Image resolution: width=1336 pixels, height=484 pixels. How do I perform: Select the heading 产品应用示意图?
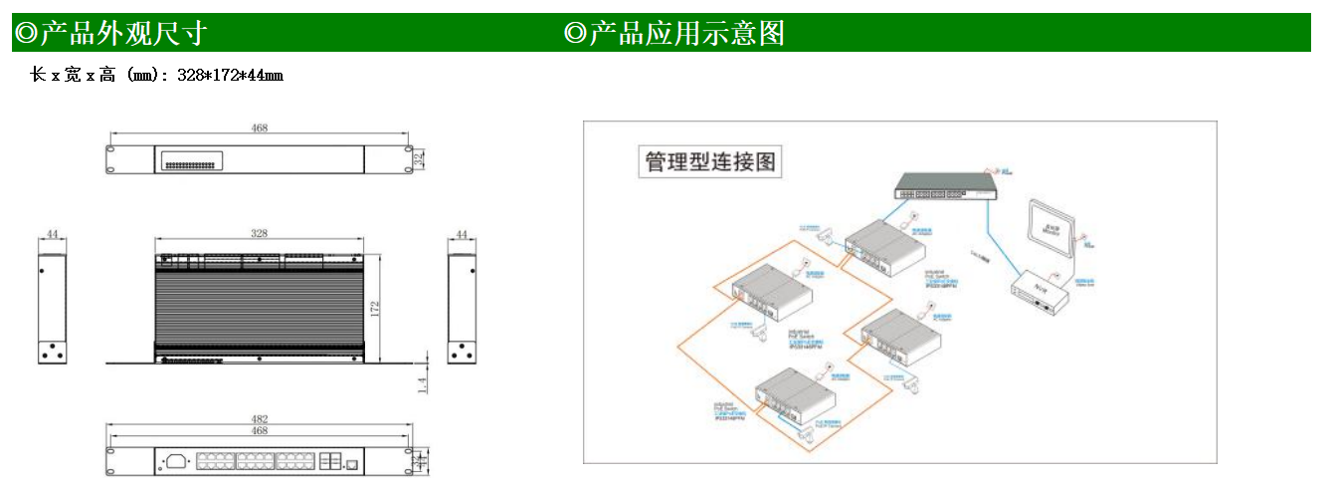click(x=685, y=33)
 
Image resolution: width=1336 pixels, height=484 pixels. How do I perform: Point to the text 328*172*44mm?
click(x=230, y=75)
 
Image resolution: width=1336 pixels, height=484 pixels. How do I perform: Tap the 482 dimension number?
click(x=260, y=420)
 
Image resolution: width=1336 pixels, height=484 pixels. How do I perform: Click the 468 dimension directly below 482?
click(x=260, y=431)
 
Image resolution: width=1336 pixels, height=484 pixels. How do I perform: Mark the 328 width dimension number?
click(x=260, y=233)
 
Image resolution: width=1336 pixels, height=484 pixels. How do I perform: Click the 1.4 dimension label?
click(x=422, y=384)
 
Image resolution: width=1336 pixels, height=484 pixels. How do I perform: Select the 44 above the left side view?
click(x=53, y=235)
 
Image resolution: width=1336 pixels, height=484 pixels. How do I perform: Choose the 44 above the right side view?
click(x=461, y=235)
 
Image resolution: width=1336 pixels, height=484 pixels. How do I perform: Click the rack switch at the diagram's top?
click(x=945, y=186)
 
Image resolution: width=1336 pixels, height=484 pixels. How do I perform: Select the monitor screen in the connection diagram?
click(x=1051, y=229)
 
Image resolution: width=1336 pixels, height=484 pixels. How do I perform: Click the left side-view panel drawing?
click(x=53, y=307)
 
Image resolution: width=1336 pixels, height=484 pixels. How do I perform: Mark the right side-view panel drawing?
click(x=461, y=307)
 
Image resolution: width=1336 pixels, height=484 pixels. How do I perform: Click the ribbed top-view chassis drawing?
click(x=260, y=304)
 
